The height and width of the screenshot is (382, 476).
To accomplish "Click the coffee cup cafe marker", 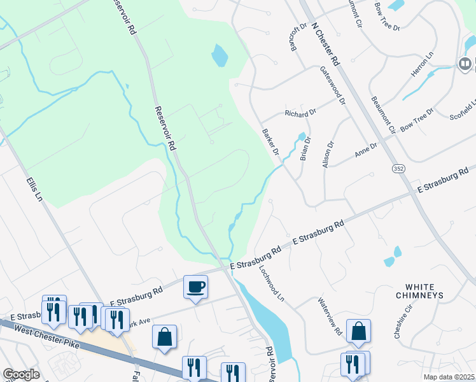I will tap(195, 286).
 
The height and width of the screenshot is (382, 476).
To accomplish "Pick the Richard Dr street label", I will tap(300, 114).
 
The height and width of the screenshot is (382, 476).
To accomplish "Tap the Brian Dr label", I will tap(305, 148).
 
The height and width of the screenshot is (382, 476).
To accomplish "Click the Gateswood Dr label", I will tap(332, 85).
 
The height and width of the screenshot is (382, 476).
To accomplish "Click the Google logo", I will tap(21, 374).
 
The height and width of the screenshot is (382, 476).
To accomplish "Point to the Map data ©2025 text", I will tap(449, 377).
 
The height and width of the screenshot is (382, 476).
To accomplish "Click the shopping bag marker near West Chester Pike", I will tap(164, 337).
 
